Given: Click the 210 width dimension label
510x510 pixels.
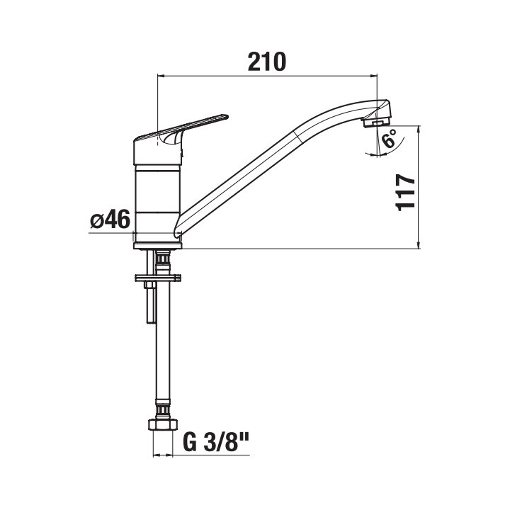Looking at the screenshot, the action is pyautogui.click(x=267, y=62).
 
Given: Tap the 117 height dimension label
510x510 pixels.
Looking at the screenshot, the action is pyautogui.click(x=405, y=193).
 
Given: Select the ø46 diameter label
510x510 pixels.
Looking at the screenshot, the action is pyautogui.click(x=110, y=219).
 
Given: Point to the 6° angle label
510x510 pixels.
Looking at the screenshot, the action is pyautogui.click(x=390, y=138).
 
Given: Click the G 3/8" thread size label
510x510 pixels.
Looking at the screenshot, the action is pyautogui.click(x=216, y=442).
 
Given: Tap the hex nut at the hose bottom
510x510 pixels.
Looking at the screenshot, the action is pyautogui.click(x=163, y=424).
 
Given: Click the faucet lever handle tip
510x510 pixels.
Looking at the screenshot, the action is pyautogui.click(x=225, y=116).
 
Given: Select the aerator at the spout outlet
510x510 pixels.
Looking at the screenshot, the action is pyautogui.click(x=375, y=123).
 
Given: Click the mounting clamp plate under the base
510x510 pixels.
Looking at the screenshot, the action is pyautogui.click(x=158, y=278).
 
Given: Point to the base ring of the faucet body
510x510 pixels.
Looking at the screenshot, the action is pyautogui.click(x=158, y=246).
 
